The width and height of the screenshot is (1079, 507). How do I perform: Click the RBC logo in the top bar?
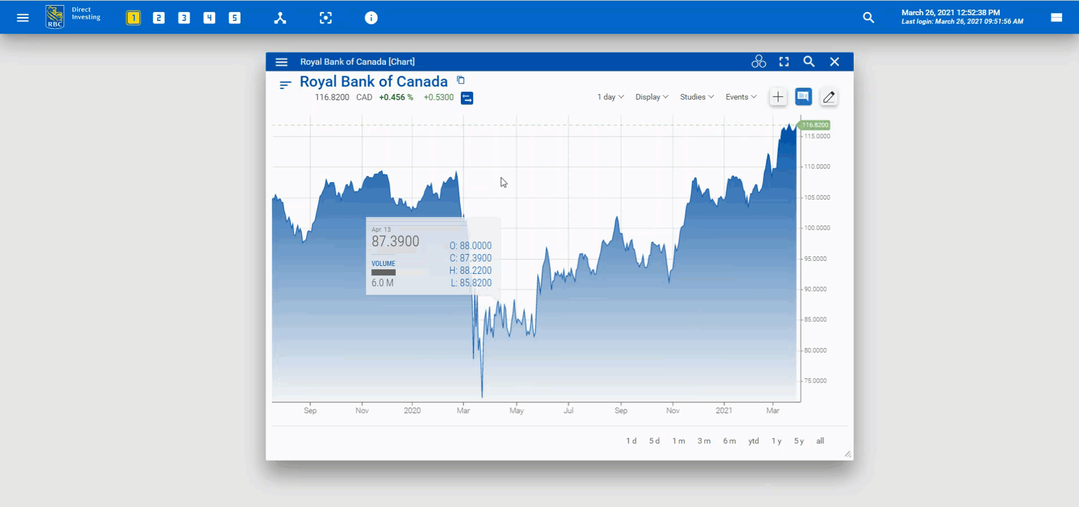[x=55, y=17]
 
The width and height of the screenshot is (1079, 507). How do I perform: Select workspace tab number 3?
[x=184, y=18]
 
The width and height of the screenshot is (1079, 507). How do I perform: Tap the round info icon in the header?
[x=371, y=18]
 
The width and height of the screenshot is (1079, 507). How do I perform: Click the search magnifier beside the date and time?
[x=868, y=18]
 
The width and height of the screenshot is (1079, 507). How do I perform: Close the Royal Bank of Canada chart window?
[x=834, y=62]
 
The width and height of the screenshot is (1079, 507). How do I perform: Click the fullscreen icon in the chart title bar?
[x=784, y=62]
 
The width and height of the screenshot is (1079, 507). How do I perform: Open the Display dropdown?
[x=652, y=97]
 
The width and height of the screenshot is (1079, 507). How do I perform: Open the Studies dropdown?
[x=696, y=97]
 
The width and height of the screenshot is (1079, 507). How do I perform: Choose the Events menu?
[x=740, y=97]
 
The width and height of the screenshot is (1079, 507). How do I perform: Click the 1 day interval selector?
[x=610, y=97]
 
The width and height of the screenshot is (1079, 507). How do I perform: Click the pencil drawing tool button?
[x=829, y=97]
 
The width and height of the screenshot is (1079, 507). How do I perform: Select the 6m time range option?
[x=729, y=441]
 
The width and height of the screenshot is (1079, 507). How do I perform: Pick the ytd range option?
[x=753, y=441]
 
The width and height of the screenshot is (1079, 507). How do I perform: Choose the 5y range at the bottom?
[x=799, y=441]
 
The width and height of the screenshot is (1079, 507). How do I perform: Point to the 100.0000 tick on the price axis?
[x=817, y=228]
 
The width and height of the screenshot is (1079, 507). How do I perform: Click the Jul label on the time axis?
[x=568, y=411]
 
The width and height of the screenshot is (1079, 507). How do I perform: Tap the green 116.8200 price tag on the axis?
[x=815, y=125]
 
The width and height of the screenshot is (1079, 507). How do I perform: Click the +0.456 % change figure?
[x=396, y=97]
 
